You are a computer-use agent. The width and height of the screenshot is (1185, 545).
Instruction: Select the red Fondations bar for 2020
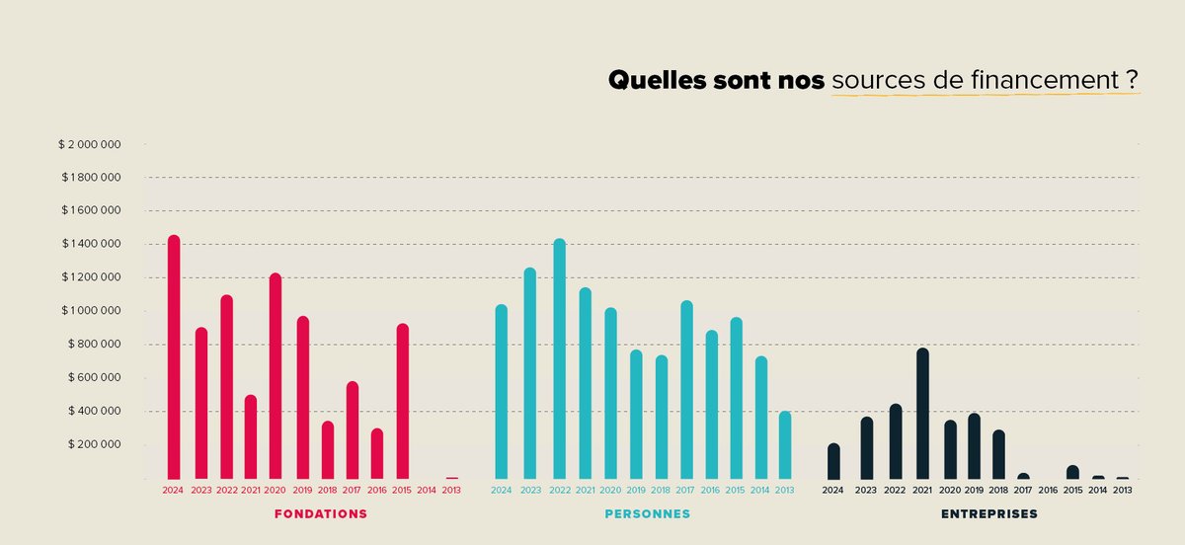(276, 376)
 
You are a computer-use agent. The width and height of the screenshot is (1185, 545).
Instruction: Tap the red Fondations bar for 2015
(402, 401)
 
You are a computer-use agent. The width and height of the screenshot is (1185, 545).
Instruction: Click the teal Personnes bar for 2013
(785, 444)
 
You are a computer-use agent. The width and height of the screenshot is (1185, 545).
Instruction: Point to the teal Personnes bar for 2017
(686, 390)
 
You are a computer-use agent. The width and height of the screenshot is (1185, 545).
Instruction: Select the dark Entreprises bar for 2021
(922, 414)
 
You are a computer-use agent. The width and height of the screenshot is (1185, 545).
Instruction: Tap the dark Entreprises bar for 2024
(833, 461)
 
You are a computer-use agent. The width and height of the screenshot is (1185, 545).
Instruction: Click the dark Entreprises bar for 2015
(1072, 472)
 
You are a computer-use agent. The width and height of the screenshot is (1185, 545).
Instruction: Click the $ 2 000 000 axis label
(90, 144)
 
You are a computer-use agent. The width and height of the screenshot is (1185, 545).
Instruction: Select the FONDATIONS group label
(320, 514)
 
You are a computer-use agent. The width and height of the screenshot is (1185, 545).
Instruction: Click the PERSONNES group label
(647, 514)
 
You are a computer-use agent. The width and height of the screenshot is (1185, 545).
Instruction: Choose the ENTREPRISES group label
(988, 514)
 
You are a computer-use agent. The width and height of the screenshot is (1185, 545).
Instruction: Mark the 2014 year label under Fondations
(427, 490)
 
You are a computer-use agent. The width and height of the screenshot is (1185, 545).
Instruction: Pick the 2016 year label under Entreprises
(1048, 490)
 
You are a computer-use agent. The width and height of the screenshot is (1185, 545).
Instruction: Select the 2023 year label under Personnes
(530, 490)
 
